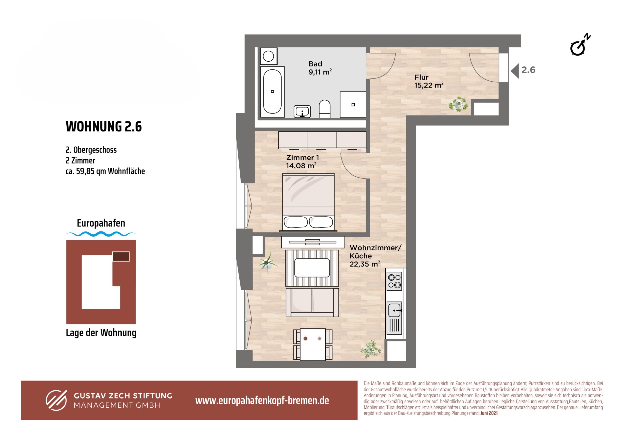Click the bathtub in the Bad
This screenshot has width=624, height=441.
[272, 92]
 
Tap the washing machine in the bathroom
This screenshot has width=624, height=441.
[269, 57]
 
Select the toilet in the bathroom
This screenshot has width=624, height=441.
[324, 109]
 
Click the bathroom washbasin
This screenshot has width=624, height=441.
[302, 111]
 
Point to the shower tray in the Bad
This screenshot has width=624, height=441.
[353, 105]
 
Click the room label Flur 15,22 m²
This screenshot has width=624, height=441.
[429, 81]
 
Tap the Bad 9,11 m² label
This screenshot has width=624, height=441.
[320, 68]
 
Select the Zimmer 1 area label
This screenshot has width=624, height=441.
[302, 162]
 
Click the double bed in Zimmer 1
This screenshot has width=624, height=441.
[308, 202]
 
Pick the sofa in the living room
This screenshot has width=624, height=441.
[312, 302]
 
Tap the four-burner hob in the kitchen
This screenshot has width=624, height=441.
[394, 281]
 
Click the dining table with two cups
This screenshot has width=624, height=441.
[313, 345]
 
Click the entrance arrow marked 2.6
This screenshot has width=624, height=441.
[515, 71]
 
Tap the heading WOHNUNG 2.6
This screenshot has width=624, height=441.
[104, 127]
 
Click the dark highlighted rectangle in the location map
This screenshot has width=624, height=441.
[121, 256]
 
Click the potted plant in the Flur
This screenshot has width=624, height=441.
[458, 104]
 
